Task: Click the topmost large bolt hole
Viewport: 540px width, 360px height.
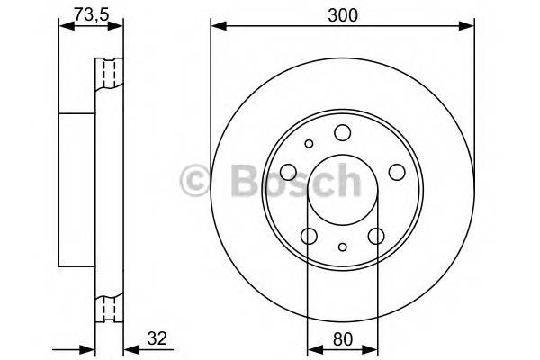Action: point(342,134)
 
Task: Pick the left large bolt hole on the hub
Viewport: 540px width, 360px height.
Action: point(288,173)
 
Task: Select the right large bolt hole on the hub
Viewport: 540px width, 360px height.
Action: point(397,173)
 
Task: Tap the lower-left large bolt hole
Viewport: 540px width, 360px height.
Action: point(309,236)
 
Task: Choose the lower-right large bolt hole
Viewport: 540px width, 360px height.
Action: point(377,236)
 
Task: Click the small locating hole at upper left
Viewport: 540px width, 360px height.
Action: point(309,143)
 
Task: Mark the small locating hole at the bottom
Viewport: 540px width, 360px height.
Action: point(343,247)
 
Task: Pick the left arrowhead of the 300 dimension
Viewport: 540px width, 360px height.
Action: point(216,26)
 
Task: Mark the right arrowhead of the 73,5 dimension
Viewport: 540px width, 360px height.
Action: point(118,26)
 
